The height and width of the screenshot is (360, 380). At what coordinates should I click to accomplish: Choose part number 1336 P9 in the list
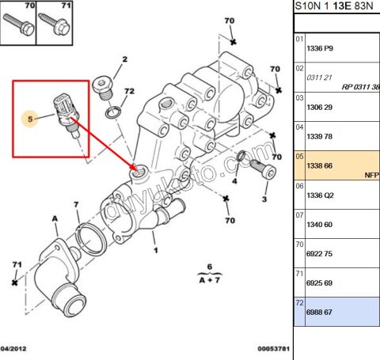click(319, 48)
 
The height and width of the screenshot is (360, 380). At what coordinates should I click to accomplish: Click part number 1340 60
click(319, 225)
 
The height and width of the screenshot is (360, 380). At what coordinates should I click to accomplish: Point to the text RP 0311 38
click(360, 86)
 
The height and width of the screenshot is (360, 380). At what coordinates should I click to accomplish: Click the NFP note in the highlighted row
click(371, 174)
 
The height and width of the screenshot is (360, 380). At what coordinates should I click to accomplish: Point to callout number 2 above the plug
click(124, 59)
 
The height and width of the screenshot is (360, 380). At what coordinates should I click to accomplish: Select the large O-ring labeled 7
click(88, 237)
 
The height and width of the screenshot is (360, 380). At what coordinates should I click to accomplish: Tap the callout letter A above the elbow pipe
click(55, 217)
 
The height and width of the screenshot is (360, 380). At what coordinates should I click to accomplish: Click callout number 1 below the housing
click(155, 251)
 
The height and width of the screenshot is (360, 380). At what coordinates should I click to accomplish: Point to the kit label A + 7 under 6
click(210, 278)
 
